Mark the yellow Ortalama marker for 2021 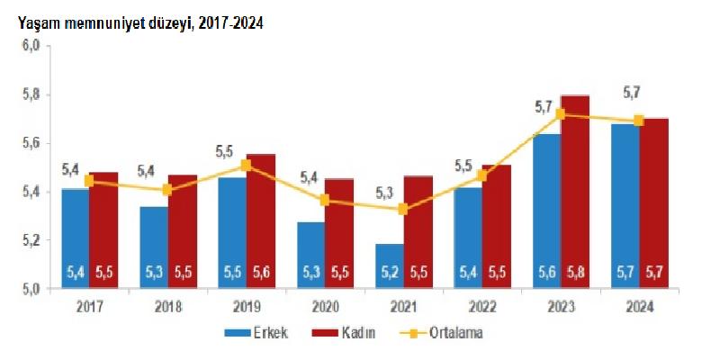click(402, 210)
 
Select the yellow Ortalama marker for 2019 click(246, 166)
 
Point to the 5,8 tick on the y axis click(32, 94)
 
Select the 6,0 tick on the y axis click(32, 46)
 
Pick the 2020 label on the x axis click(325, 307)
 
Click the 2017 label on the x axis click(90, 307)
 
